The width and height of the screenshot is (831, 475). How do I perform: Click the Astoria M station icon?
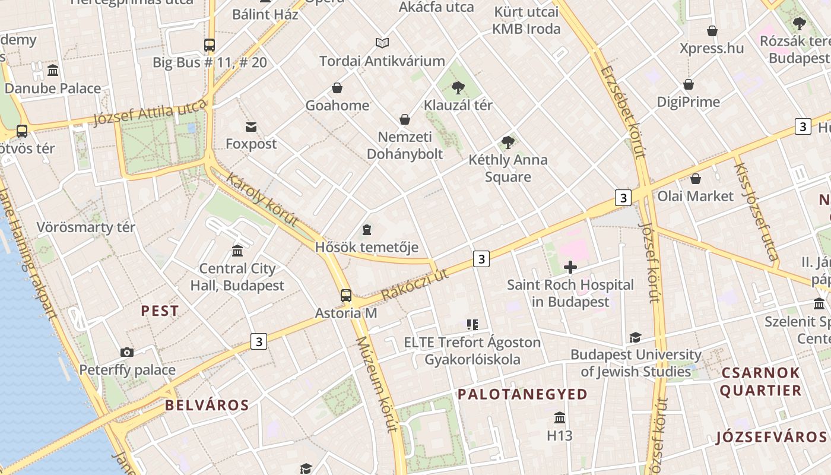tap(345, 295)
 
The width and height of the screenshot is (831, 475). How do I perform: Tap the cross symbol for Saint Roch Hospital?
tap(570, 268)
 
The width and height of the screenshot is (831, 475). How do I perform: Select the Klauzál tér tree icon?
tap(458, 88)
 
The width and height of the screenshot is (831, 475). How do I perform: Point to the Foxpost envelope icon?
tap(251, 126)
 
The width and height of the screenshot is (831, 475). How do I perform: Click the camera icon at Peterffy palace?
tap(127, 352)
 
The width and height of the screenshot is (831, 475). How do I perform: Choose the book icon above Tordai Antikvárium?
tap(382, 43)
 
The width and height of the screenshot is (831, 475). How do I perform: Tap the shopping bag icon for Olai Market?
tap(695, 178)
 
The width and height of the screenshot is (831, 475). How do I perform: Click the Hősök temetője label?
tap(366, 247)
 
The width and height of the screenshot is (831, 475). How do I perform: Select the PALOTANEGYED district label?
tap(522, 394)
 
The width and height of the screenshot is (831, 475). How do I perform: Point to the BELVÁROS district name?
tap(207, 406)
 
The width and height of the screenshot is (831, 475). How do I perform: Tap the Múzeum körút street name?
tap(373, 385)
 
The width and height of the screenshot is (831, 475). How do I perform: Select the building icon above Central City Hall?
tap(237, 251)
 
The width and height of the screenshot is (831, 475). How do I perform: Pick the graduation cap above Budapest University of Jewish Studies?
tap(635, 337)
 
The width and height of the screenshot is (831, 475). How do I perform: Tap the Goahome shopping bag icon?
tap(337, 88)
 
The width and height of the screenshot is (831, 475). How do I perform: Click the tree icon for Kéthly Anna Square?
tap(508, 142)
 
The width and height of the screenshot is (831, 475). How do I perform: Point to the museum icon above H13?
tap(559, 417)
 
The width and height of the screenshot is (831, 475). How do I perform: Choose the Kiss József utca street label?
tap(756, 211)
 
